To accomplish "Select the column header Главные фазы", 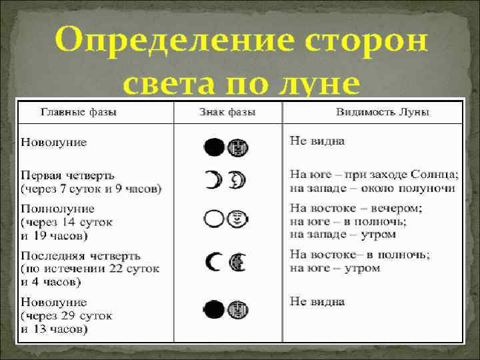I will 79,112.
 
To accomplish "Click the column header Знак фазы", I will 227,112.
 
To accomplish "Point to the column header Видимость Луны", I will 382,112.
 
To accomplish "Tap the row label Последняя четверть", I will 81,255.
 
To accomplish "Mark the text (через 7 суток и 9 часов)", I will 91,189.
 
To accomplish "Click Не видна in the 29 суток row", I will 317,301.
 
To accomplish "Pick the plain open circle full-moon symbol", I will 214,218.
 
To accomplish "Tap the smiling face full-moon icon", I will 239,218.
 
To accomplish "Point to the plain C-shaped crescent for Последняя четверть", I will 214,263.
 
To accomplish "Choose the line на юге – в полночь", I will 348,221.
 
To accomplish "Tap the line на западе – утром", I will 343,233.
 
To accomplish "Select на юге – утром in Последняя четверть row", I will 335,268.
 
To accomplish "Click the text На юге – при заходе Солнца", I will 374,175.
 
